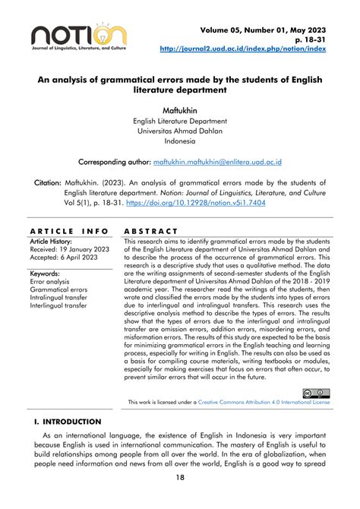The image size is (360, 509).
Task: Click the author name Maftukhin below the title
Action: pyautogui.click(x=180, y=111)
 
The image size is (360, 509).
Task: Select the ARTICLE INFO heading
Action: pyautogui.click(x=68, y=230)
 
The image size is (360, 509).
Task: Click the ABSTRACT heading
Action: pyautogui.click(x=150, y=230)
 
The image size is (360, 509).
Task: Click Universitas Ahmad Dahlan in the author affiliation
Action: pyautogui.click(x=180, y=130)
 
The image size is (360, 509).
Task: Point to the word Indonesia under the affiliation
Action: pyautogui.click(x=180, y=141)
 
